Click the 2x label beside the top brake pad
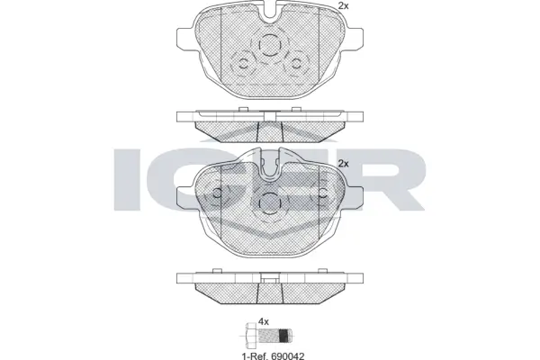[x=342, y=6]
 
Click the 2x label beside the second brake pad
[x=343, y=163]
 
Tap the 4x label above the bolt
[x=264, y=321]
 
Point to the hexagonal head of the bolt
[x=249, y=337]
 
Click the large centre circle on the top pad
[x=269, y=48]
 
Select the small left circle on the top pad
[x=241, y=63]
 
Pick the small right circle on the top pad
[x=297, y=63]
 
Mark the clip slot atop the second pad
[x=269, y=164]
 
